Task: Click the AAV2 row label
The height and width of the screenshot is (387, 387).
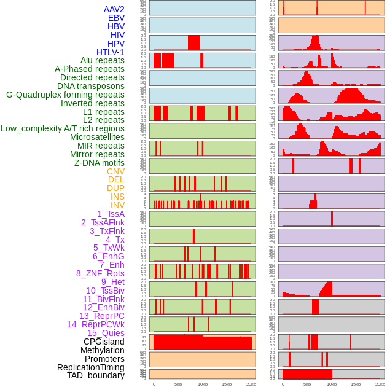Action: pyautogui.click(x=114, y=9)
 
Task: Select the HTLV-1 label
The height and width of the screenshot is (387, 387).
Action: pyautogui.click(x=110, y=52)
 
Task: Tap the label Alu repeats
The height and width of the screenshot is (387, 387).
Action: pyautogui.click(x=102, y=60)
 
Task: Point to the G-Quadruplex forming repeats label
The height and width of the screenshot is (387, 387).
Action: pyautogui.click(x=65, y=95)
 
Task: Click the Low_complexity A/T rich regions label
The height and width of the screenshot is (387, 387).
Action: pyautogui.click(x=62, y=128)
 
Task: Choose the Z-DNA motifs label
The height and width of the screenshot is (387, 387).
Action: pyautogui.click(x=99, y=163)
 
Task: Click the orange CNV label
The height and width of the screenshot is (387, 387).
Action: pyautogui.click(x=115, y=171)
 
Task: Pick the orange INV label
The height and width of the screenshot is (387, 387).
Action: pyautogui.click(x=117, y=205)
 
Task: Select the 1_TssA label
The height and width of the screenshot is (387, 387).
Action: pyautogui.click(x=111, y=214)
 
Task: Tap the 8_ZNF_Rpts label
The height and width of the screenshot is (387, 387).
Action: pyautogui.click(x=100, y=273)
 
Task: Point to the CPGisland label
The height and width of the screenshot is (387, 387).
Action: pyautogui.click(x=104, y=342)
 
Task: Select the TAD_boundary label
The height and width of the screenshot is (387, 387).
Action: pyautogui.click(x=95, y=375)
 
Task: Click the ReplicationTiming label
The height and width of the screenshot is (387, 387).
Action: pyautogui.click(x=90, y=367)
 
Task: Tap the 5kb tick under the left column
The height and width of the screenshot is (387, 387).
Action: pyautogui.click(x=178, y=384)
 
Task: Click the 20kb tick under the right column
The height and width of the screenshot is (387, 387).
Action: pyautogui.click(x=380, y=384)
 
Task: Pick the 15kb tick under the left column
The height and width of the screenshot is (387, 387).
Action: pyautogui.click(x=226, y=384)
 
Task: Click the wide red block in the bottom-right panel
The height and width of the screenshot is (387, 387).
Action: pyautogui.click(x=307, y=373)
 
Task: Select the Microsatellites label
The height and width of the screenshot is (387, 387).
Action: pyautogui.click(x=97, y=137)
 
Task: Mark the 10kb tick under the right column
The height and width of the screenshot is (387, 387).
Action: pyautogui.click(x=331, y=384)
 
